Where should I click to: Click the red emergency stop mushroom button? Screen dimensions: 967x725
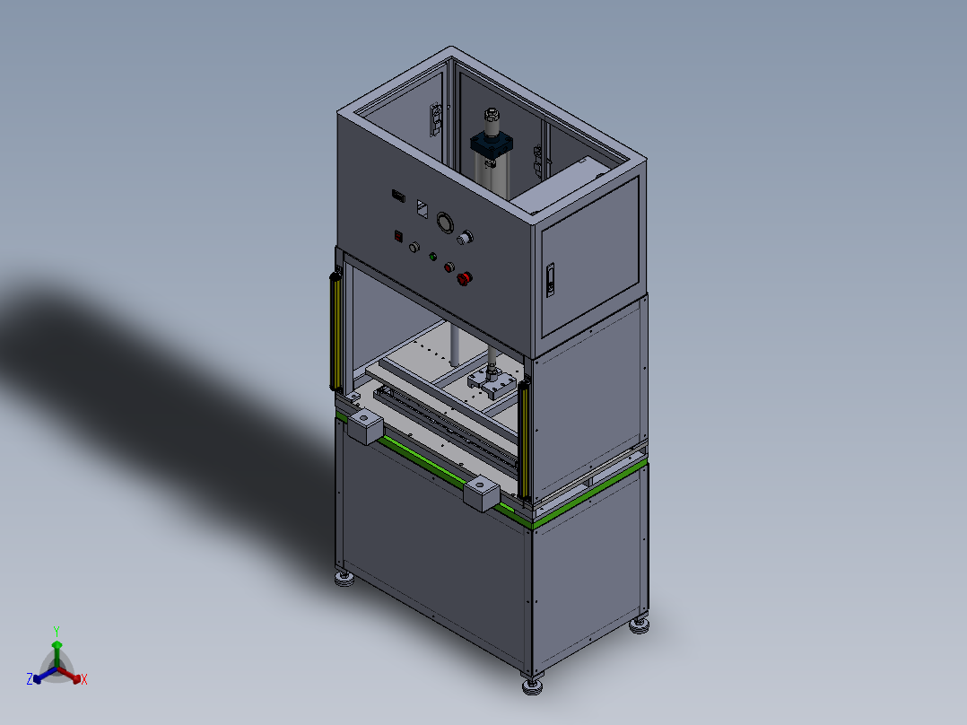[x=465, y=279]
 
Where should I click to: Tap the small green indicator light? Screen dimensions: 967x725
[x=433, y=257]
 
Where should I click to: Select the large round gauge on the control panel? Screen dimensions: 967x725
[x=445, y=223]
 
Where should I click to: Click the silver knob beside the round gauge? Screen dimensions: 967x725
[x=465, y=237]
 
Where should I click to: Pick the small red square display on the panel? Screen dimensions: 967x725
[x=398, y=236]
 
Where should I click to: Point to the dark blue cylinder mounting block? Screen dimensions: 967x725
[x=492, y=145]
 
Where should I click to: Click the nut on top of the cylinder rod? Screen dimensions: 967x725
[x=492, y=114]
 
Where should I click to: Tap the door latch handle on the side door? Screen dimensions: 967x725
[x=551, y=280]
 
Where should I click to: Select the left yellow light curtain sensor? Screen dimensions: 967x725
[x=335, y=332]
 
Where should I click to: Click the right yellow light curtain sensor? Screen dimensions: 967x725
[x=524, y=440]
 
